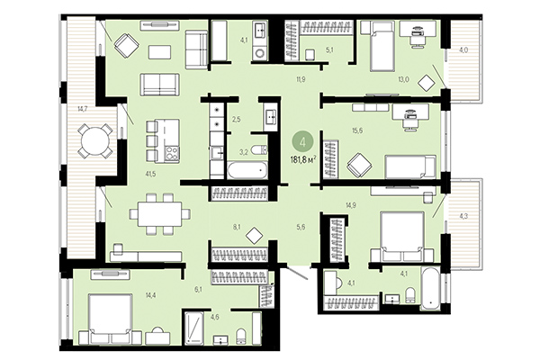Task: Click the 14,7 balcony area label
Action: click(83, 109)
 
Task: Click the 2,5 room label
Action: click(236, 119)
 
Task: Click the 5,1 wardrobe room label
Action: click(329, 50)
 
